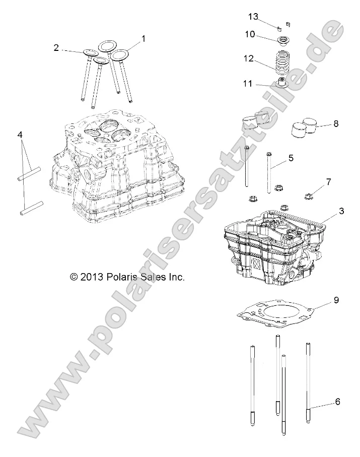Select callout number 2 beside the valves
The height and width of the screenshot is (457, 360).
point(56,48)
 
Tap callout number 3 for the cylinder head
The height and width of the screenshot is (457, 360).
point(341,212)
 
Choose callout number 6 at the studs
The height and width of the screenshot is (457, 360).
point(337,402)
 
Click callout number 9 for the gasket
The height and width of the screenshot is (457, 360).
point(336,301)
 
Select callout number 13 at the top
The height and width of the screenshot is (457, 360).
point(253,17)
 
